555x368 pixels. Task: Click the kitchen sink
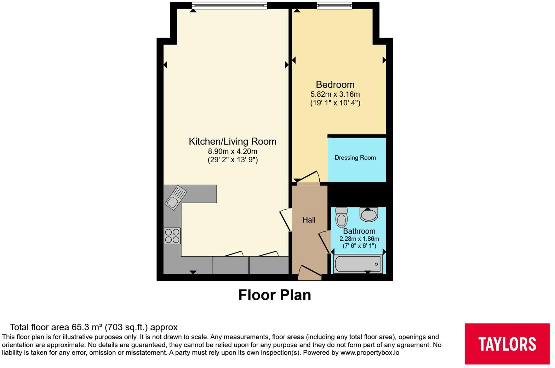[x=176, y=198]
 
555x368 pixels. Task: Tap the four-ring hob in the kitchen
[x=172, y=236]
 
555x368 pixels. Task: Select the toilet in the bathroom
[x=342, y=217]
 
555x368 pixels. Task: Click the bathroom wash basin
[x=369, y=214]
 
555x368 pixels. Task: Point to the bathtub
[x=357, y=264]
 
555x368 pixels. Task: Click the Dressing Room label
[x=355, y=158]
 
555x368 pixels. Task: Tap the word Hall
[x=309, y=220]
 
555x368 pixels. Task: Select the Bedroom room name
[x=335, y=84]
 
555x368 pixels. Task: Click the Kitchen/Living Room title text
[x=233, y=141]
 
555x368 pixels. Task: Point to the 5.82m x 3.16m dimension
[x=335, y=94]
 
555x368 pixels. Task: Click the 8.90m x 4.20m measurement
[x=233, y=151]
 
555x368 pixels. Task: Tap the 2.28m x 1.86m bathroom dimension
[x=359, y=239]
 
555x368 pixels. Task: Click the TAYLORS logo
[x=507, y=344]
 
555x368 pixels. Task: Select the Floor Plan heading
[x=275, y=295]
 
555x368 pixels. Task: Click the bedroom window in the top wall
[x=334, y=5]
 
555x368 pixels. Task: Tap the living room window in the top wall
[x=229, y=5]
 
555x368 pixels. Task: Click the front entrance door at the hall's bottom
[x=310, y=272]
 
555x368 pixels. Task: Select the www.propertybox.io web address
[x=370, y=353]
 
